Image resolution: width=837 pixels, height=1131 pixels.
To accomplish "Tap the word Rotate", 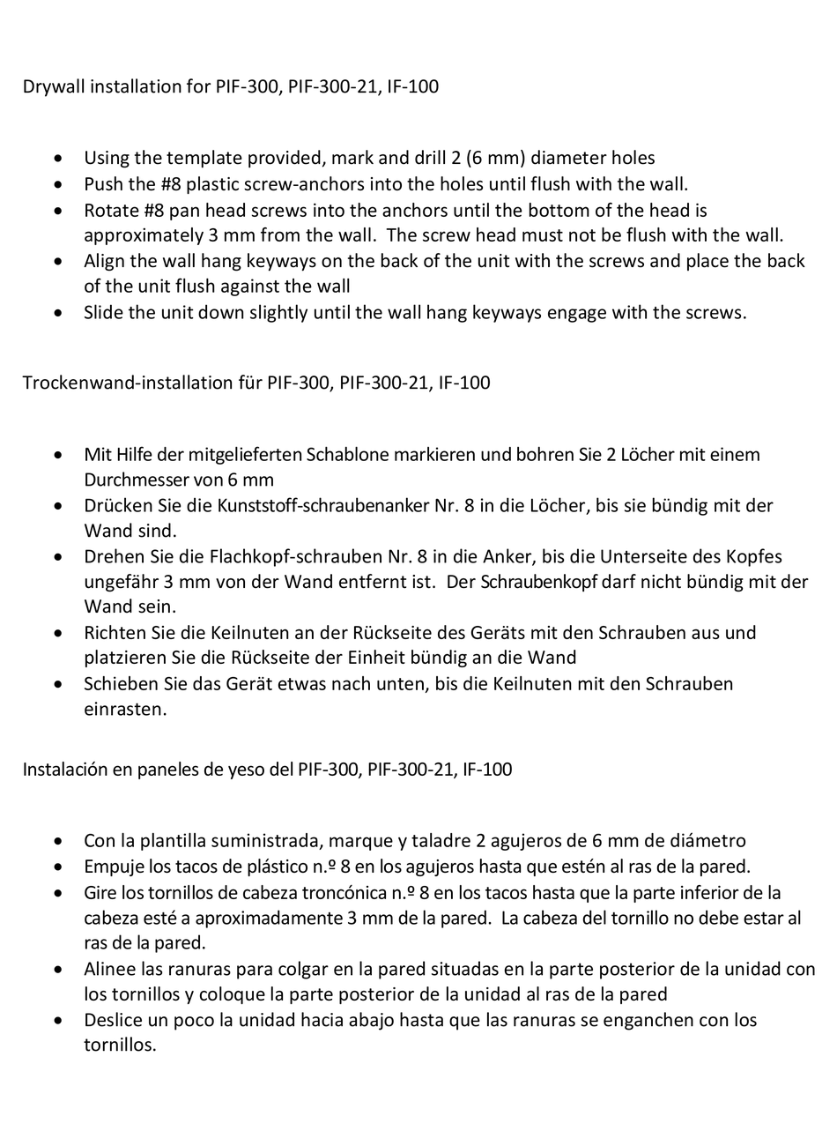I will click(x=112, y=211).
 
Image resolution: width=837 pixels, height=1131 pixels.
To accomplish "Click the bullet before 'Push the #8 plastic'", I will click(x=58, y=185).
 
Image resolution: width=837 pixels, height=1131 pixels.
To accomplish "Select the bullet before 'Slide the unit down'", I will click(x=58, y=313).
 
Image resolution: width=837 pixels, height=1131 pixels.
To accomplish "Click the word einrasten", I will click(x=124, y=709).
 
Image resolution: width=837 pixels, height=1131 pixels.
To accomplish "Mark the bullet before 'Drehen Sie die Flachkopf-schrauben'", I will click(x=58, y=557).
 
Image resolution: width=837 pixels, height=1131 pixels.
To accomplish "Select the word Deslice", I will click(x=115, y=1020).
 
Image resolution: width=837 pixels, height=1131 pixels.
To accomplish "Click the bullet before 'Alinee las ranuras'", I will click(x=58, y=970).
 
